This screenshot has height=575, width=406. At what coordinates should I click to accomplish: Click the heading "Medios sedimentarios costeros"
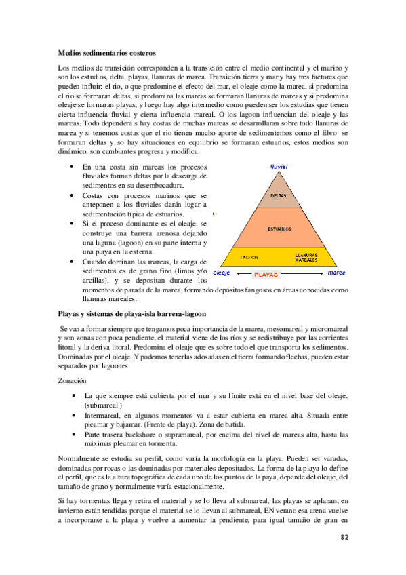(107, 52)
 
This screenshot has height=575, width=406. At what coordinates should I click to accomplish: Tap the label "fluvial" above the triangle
(279, 166)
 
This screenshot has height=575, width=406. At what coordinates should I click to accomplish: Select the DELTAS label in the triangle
(278, 195)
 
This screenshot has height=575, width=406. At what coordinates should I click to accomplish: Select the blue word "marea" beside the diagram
(337, 273)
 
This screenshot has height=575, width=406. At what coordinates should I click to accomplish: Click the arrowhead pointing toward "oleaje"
(235, 275)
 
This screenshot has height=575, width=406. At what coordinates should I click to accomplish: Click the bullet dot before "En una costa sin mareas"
(73, 167)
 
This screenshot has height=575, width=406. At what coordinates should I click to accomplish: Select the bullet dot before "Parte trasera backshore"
(73, 434)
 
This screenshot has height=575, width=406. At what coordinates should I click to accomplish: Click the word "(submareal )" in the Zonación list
(102, 404)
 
